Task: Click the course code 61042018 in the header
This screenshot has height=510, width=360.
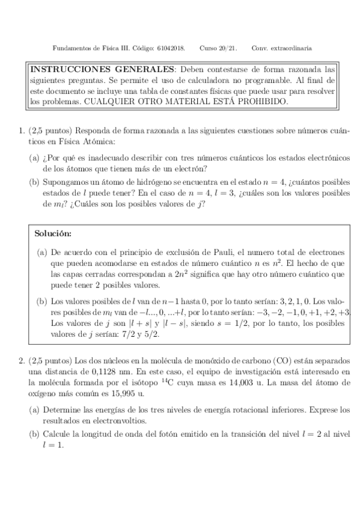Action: pyautogui.click(x=171, y=48)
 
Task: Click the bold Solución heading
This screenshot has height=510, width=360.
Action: pyautogui.click(x=54, y=232)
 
